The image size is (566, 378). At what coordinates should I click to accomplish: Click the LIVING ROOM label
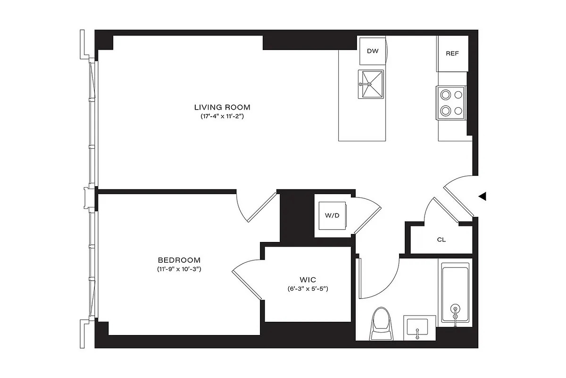(x=222, y=107)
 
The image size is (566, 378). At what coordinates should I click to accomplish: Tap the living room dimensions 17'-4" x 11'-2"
(x=222, y=116)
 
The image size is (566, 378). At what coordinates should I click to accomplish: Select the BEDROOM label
(x=179, y=260)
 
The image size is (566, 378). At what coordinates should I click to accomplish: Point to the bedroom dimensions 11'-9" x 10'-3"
(x=179, y=269)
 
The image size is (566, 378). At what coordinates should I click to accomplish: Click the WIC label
(x=308, y=280)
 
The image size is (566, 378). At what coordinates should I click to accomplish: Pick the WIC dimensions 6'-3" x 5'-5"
(x=308, y=289)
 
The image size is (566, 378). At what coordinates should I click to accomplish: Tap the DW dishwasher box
(x=372, y=50)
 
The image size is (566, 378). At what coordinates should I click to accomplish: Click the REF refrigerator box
(x=452, y=53)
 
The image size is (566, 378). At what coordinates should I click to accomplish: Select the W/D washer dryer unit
(x=332, y=215)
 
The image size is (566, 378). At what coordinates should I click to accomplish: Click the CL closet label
(x=441, y=240)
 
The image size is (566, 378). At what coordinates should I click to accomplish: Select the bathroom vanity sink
(x=416, y=326)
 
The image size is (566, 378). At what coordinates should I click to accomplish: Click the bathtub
(x=455, y=293)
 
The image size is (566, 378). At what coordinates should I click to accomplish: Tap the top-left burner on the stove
(x=444, y=94)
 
